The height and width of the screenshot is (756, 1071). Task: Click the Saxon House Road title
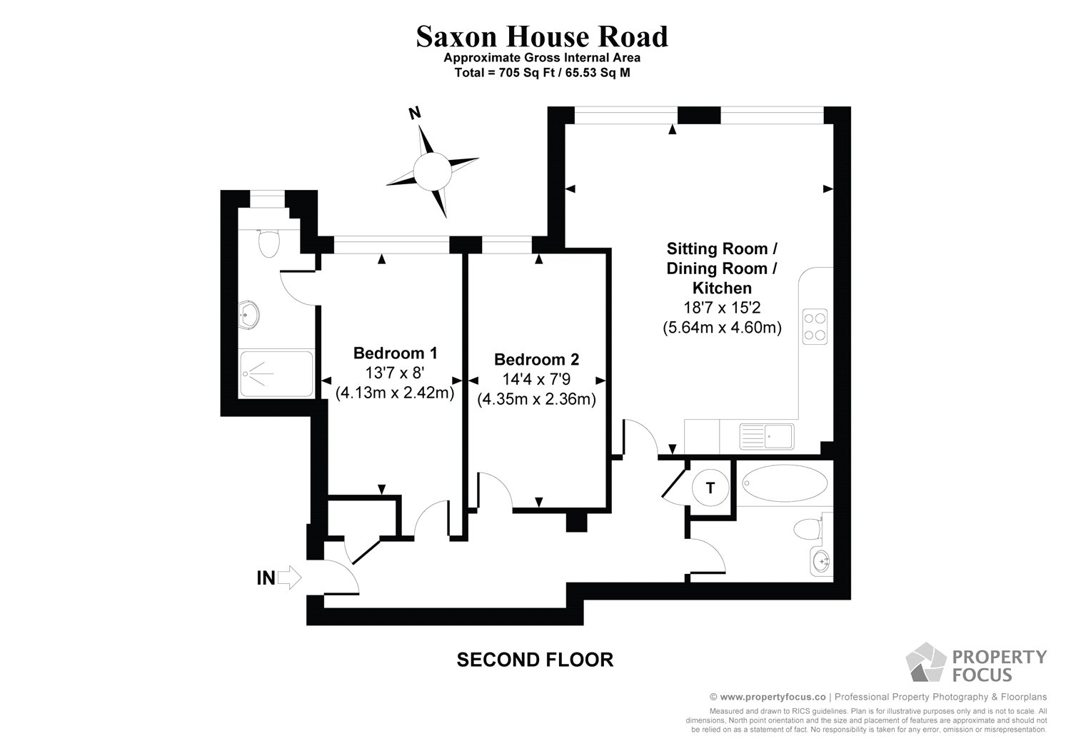click(542, 36)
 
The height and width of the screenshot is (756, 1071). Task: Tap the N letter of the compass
click(413, 112)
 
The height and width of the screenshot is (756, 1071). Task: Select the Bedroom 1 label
click(395, 353)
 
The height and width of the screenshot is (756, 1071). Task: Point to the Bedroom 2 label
click(536, 359)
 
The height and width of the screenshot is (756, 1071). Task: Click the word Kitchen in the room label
click(722, 288)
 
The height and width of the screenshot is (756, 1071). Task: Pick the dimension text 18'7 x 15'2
click(722, 308)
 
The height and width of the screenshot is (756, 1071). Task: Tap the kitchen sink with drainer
click(767, 435)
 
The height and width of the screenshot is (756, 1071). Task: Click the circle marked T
click(710, 488)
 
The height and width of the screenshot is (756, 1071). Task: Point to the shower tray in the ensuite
click(276, 373)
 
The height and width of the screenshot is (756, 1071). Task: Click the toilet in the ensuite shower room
click(268, 243)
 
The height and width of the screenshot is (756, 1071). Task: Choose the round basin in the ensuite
click(250, 313)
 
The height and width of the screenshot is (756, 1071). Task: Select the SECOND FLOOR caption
click(535, 660)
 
